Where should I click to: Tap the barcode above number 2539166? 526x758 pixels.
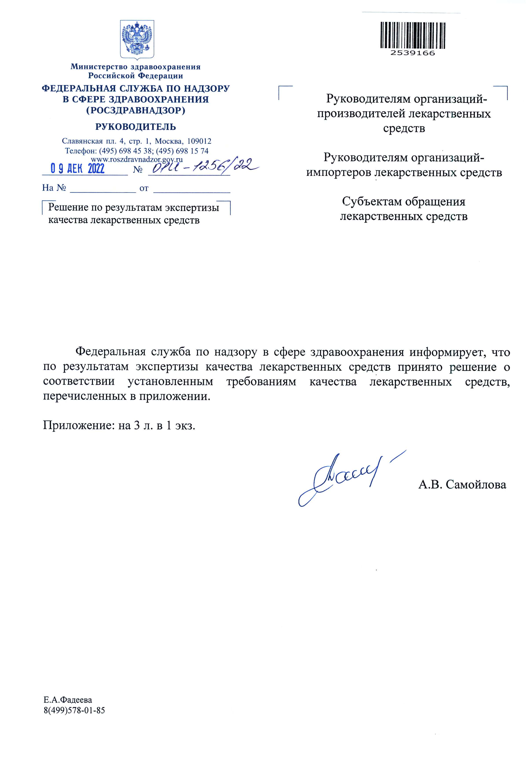coord(413,35)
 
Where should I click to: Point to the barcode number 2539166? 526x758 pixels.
coord(413,53)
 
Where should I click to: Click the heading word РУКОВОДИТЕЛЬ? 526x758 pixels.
coord(136,127)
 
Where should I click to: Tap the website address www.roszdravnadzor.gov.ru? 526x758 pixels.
coord(137,159)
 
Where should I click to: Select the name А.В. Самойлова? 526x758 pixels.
coord(462,485)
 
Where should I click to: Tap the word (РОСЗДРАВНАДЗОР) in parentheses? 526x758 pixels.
coord(136,110)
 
